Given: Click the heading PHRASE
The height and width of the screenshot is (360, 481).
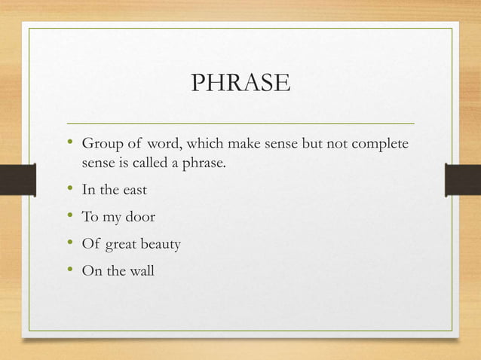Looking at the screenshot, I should (x=240, y=83).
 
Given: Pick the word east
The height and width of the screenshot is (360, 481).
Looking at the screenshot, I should (x=132, y=189).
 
